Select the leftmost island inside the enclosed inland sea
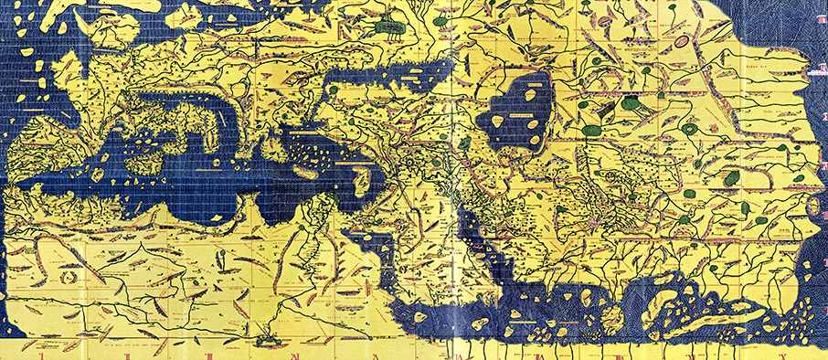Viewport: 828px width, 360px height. (501, 121)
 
